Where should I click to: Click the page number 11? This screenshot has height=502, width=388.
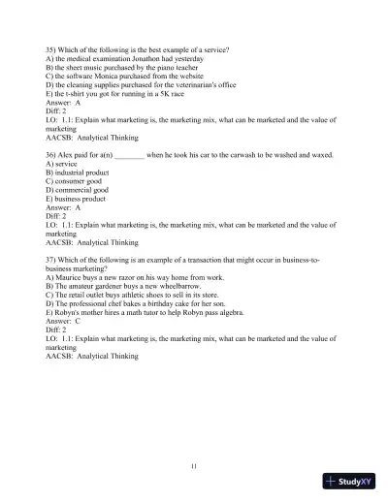tap(194, 467)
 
